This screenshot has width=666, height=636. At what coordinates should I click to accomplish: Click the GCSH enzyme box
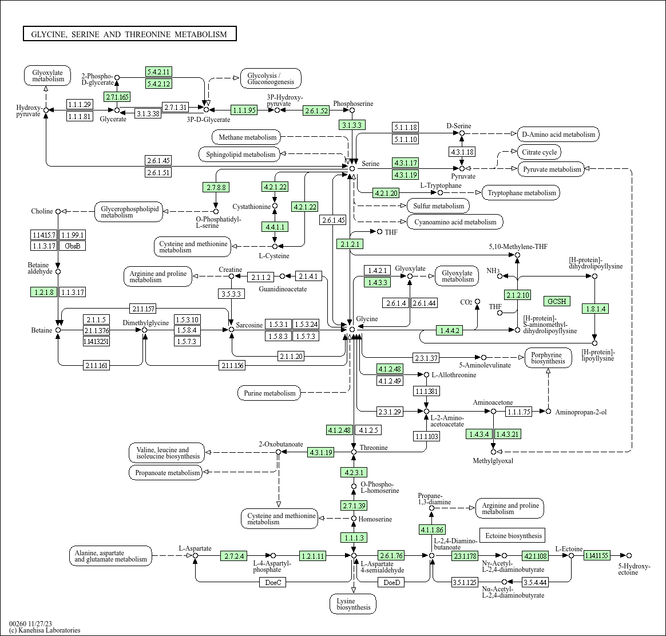(x=557, y=301)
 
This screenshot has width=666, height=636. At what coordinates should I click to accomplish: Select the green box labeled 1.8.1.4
(x=596, y=309)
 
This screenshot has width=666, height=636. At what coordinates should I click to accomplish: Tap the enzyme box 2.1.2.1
(x=350, y=244)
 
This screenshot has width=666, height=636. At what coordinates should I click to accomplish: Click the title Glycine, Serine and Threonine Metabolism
(x=129, y=34)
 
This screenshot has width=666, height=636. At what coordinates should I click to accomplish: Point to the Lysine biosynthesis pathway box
(x=353, y=604)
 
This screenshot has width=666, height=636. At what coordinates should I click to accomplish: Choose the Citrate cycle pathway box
(x=540, y=152)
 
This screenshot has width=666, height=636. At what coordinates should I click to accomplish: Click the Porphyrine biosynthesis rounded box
(x=548, y=358)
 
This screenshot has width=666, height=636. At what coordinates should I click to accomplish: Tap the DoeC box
(x=273, y=582)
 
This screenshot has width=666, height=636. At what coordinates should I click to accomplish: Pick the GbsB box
(x=72, y=246)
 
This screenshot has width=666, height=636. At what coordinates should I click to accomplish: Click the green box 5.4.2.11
(x=159, y=72)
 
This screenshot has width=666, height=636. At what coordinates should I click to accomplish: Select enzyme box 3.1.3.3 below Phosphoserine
(x=352, y=125)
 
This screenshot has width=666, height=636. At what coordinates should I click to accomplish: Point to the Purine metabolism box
(x=269, y=393)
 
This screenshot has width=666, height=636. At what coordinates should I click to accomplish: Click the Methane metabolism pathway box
(x=247, y=137)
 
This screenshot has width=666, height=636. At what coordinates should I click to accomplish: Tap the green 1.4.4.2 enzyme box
(x=449, y=330)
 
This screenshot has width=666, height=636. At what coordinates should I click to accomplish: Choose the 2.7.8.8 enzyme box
(x=217, y=187)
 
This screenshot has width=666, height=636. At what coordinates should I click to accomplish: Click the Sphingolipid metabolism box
(x=240, y=154)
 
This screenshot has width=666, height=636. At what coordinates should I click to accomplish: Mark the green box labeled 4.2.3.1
(x=354, y=472)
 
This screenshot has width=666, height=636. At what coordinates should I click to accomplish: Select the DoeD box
(x=391, y=582)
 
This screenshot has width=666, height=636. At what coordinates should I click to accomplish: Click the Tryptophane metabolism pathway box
(x=522, y=193)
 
